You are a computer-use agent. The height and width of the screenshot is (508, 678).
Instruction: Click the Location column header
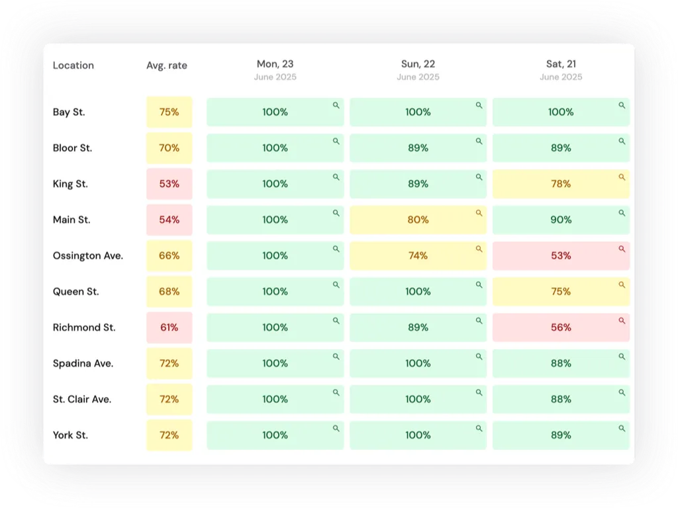(73, 65)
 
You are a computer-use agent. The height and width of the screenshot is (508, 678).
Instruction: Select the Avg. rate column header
(167, 65)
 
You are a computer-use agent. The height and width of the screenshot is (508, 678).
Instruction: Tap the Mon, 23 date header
(275, 64)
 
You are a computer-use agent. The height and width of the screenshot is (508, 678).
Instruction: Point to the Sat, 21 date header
(561, 64)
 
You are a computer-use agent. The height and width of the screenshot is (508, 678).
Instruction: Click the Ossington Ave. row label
(88, 256)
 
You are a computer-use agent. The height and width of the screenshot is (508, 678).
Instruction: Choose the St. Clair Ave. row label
(82, 400)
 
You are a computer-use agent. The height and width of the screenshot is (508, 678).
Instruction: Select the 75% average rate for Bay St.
(169, 112)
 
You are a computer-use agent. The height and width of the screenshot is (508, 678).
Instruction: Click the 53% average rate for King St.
(169, 184)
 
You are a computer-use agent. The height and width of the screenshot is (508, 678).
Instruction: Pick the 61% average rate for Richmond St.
(169, 327)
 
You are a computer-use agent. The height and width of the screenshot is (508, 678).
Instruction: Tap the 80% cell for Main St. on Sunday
(418, 220)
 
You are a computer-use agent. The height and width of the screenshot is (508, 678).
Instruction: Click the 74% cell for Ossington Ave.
(418, 256)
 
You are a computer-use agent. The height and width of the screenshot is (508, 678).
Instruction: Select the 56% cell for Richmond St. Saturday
(561, 327)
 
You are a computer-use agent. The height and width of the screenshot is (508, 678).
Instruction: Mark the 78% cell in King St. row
(561, 184)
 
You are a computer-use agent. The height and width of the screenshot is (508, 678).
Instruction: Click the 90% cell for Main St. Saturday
(561, 220)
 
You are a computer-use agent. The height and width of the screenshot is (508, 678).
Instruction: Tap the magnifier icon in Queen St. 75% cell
(622, 284)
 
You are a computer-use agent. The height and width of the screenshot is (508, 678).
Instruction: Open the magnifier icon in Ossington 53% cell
(622, 249)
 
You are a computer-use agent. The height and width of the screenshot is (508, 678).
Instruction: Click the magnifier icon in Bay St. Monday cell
(336, 105)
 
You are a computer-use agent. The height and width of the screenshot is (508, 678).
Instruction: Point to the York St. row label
(70, 435)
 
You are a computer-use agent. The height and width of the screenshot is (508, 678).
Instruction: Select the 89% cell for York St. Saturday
(561, 435)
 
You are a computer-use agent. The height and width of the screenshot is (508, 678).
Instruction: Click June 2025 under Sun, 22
(418, 77)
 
